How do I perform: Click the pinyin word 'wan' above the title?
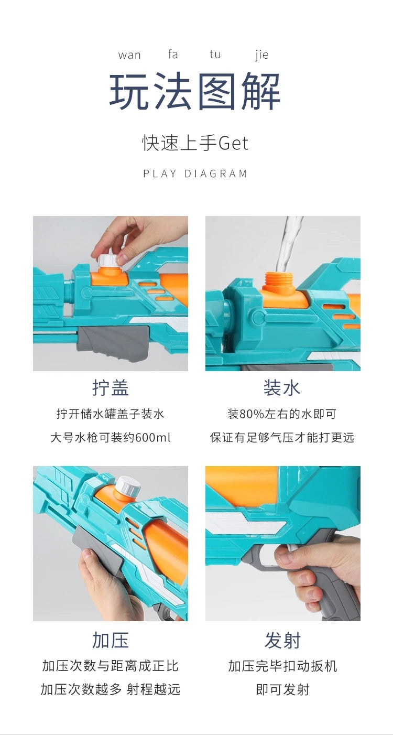point(129,55)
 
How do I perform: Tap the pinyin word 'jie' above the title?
point(262,55)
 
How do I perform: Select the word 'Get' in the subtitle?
point(234,144)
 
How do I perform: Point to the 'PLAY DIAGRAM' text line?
point(195,174)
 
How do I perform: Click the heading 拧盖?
point(110,387)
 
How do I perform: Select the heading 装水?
point(282,387)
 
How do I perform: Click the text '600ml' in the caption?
point(152,437)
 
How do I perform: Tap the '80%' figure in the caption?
point(252,414)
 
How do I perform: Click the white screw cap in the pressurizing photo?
point(128,487)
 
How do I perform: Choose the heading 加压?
point(110,640)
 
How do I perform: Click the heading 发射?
point(282,640)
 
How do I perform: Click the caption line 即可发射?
point(282,689)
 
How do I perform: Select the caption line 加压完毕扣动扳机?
point(282,666)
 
